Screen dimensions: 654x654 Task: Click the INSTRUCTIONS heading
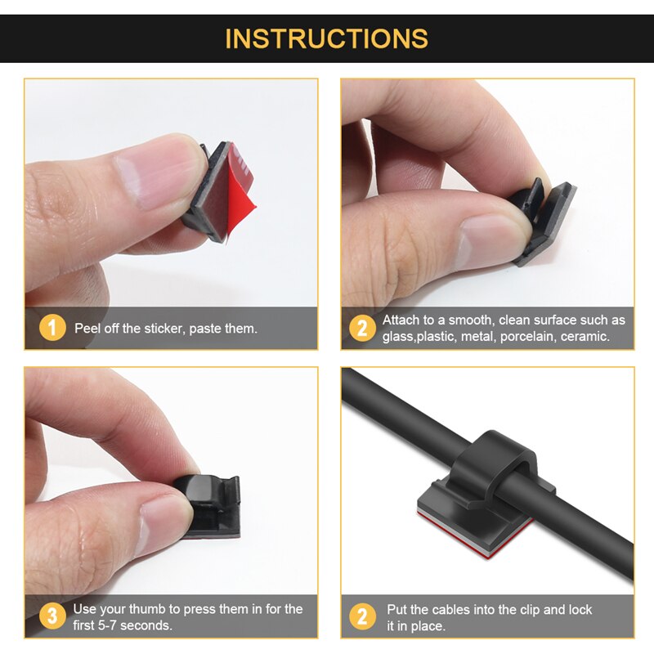[x=326, y=38]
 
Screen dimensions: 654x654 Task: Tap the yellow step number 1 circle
[x=52, y=328]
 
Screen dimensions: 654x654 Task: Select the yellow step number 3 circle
[x=52, y=616]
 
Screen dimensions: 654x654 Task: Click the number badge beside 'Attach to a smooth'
[x=362, y=328]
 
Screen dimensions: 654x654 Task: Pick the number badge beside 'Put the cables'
[x=362, y=616]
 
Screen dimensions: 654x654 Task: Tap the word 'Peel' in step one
[x=87, y=329]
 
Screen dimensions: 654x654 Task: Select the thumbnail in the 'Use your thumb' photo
[x=165, y=522]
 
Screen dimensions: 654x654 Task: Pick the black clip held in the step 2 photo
[x=542, y=221]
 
